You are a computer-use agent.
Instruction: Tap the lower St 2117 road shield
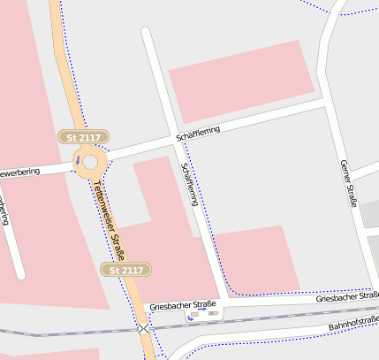(x=126, y=269)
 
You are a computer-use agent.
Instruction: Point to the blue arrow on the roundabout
(x=78, y=160)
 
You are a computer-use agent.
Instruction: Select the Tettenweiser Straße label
(x=110, y=220)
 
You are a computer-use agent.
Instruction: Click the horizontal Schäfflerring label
(x=198, y=133)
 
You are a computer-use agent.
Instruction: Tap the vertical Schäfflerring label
(x=189, y=185)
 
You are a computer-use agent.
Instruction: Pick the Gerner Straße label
(x=347, y=183)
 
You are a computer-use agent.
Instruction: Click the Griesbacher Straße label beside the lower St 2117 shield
(x=183, y=305)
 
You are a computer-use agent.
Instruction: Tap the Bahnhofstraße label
(x=352, y=324)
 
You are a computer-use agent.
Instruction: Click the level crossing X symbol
(x=143, y=327)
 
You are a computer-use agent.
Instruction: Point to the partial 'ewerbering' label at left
(x=20, y=172)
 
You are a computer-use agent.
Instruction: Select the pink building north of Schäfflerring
(x=241, y=80)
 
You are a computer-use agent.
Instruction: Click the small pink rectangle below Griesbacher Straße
(x=194, y=314)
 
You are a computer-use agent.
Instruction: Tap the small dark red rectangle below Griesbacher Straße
(x=213, y=313)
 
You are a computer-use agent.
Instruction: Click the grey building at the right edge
(x=370, y=218)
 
